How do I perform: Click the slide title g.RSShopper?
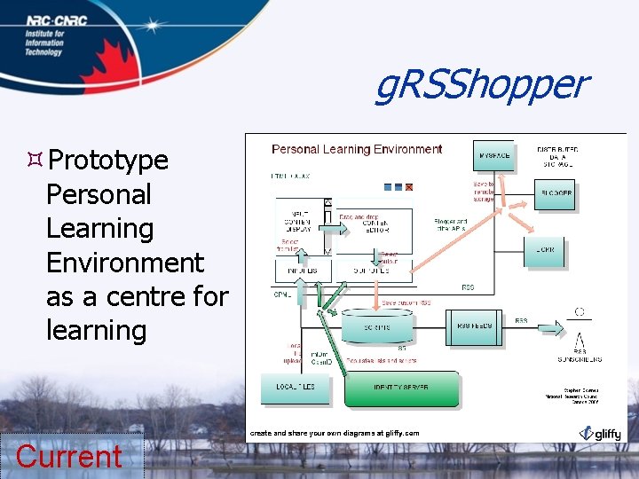point(480,85)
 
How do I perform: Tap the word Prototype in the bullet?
point(107,161)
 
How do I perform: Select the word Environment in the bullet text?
point(124,263)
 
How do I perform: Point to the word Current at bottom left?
point(69,457)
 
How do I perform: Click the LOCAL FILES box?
point(295,388)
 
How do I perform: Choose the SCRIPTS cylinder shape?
point(376,326)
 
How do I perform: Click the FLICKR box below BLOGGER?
point(550,251)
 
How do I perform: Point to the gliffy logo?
point(601,433)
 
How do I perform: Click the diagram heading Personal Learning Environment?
point(357,149)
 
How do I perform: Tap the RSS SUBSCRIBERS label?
point(580,359)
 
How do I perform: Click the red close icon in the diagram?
point(409,186)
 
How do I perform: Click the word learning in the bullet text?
point(96,331)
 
